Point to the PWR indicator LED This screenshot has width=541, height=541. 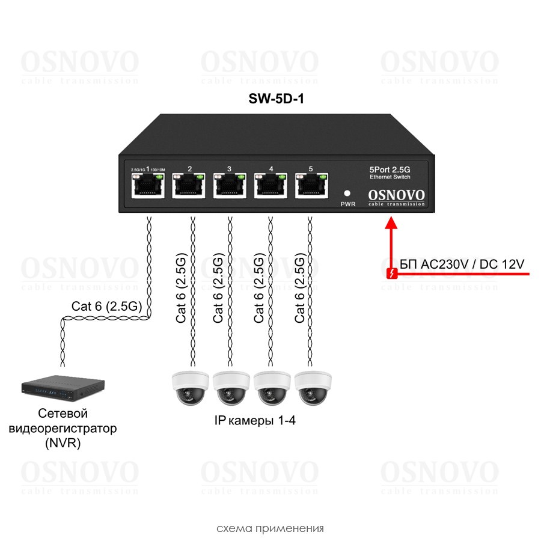(347, 194)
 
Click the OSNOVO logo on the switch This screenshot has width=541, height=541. (396, 195)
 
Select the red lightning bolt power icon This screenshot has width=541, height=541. (391, 274)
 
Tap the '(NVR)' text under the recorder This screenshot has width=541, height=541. (63, 444)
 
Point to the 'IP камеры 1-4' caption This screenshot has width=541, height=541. (255, 421)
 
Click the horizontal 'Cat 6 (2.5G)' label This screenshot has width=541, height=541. (106, 306)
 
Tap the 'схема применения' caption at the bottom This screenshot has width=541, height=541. (270, 529)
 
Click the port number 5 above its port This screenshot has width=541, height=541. (310, 170)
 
